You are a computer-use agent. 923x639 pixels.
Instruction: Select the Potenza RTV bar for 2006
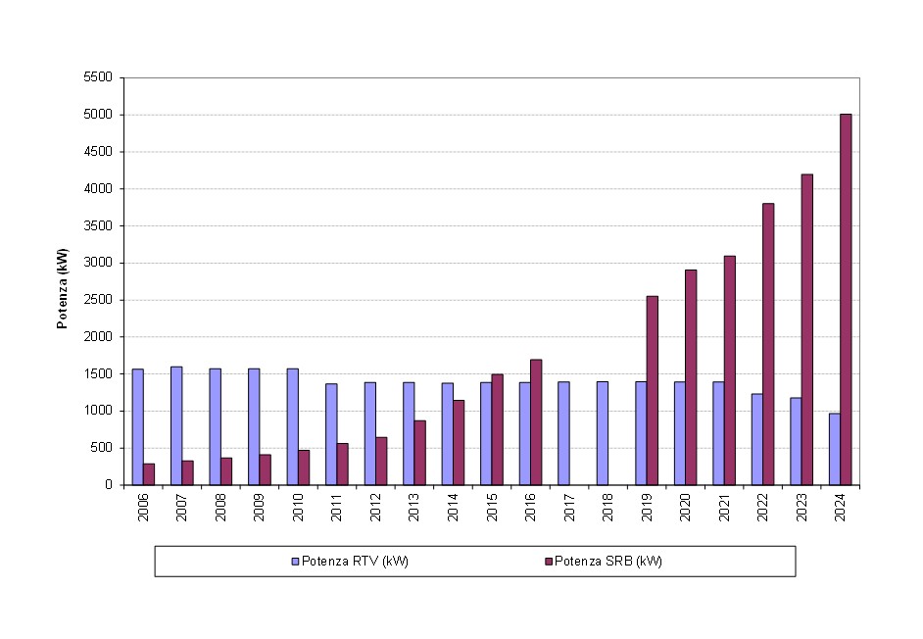point(138,426)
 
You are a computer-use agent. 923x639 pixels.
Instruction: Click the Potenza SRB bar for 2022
point(768,344)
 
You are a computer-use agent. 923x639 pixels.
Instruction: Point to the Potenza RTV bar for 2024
point(834,449)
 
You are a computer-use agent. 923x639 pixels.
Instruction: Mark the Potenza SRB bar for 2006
point(149,474)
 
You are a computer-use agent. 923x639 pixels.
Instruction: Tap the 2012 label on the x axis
point(376,508)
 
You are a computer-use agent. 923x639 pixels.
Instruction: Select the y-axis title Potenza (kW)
point(62,288)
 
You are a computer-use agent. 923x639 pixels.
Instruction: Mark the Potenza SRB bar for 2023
point(806,329)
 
